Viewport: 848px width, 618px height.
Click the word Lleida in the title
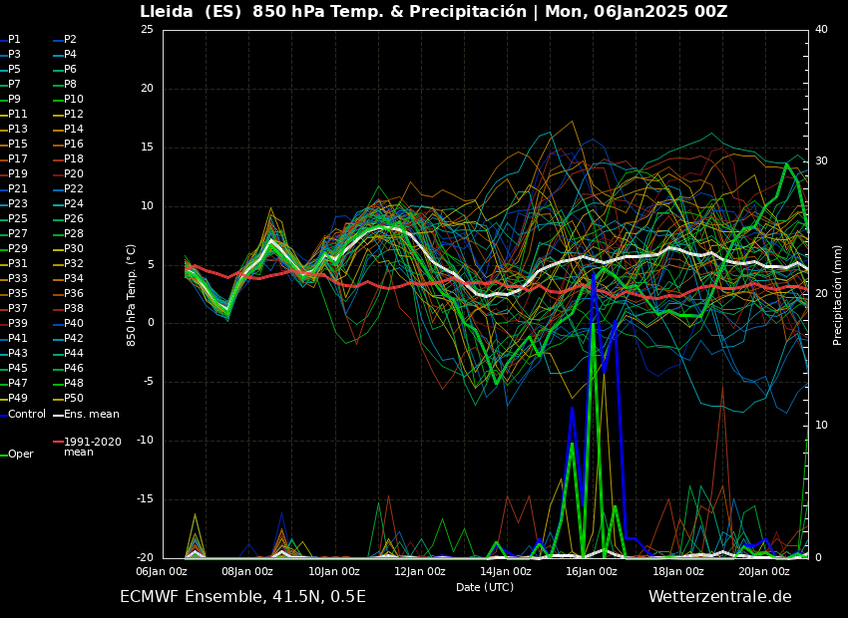168,12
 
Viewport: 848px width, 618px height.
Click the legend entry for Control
27,414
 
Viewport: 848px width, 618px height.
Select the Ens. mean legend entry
92,414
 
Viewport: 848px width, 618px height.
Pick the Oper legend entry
21,454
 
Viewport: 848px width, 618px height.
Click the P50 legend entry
74,399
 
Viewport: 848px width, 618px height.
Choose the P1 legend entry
14,40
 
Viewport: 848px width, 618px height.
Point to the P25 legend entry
18,219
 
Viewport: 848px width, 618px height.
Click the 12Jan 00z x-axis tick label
420,572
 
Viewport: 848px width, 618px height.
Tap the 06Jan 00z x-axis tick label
162,572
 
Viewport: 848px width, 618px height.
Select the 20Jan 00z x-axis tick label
764,572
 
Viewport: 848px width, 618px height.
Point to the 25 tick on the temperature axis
147,30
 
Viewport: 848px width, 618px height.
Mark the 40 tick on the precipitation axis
821,30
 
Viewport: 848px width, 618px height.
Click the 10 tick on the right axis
821,426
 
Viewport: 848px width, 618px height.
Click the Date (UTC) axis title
485,587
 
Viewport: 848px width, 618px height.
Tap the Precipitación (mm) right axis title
838,294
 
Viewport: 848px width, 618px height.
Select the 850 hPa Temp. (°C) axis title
132,294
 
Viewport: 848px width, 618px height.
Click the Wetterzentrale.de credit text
719,597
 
